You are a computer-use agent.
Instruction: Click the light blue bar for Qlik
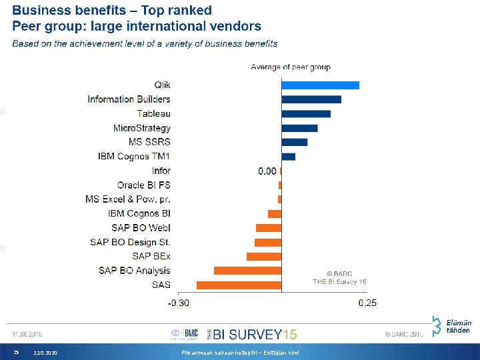(x=320, y=85)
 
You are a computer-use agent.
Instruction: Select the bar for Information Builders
(x=311, y=99)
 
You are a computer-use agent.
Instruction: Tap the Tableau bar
(x=306, y=113)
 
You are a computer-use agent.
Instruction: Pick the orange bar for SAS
(x=239, y=285)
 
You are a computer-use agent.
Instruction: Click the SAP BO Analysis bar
(x=247, y=271)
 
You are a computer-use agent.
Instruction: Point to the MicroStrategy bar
(x=299, y=128)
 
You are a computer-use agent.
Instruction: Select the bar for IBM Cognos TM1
(x=288, y=157)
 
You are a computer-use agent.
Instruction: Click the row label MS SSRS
(x=149, y=142)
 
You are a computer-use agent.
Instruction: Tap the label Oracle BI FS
(x=143, y=185)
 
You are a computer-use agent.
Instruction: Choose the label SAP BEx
(x=151, y=256)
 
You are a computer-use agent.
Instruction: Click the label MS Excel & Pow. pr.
(x=128, y=199)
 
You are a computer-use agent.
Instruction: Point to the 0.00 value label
(x=267, y=171)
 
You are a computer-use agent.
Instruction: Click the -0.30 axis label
(x=178, y=303)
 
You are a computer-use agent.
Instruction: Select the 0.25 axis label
(x=367, y=303)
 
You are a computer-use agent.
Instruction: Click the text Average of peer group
(x=290, y=67)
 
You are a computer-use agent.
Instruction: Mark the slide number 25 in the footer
(x=17, y=352)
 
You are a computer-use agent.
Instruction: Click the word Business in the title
(x=44, y=11)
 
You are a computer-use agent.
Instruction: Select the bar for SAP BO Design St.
(x=268, y=242)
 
